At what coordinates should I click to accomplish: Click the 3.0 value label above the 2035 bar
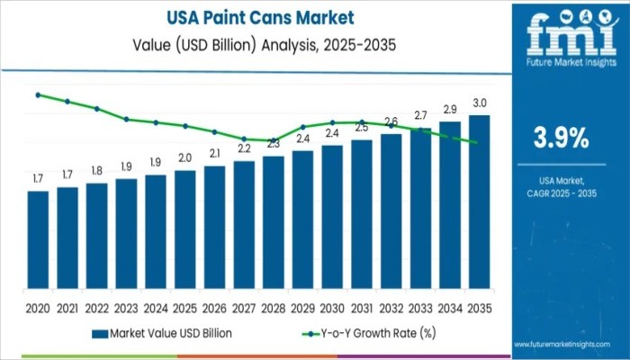[x=480, y=103]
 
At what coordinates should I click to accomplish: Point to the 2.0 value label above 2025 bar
[x=184, y=157]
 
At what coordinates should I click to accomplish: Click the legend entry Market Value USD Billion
[x=170, y=333]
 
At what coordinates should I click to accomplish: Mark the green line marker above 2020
[x=38, y=94]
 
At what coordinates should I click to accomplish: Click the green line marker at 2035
[x=475, y=142]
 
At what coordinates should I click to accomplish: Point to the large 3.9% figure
[x=562, y=138]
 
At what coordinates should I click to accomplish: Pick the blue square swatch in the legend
[x=98, y=333]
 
